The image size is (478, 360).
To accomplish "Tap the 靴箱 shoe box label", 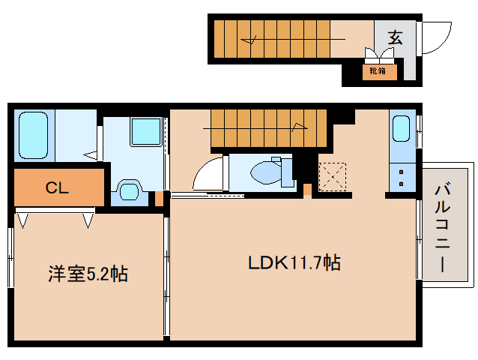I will (x=376, y=72).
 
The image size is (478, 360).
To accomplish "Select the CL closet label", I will (x=57, y=188).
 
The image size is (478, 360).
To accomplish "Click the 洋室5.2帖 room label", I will (x=83, y=274).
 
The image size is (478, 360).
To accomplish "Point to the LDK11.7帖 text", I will (x=294, y=263).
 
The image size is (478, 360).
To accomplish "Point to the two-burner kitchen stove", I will (x=402, y=178).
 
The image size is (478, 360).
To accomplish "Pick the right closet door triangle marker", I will (x=88, y=220).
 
